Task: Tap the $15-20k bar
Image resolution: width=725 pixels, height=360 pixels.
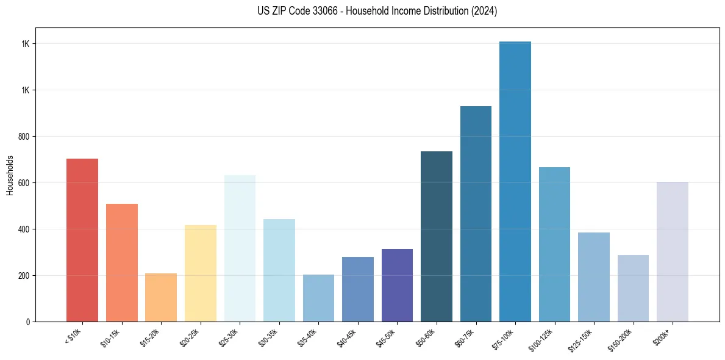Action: (x=161, y=297)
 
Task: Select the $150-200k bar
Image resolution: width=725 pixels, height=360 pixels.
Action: (x=633, y=288)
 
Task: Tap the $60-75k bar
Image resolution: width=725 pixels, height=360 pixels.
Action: (x=476, y=214)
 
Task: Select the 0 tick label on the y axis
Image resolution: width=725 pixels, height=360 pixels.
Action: (x=28, y=322)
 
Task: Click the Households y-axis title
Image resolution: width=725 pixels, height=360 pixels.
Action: (x=10, y=175)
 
